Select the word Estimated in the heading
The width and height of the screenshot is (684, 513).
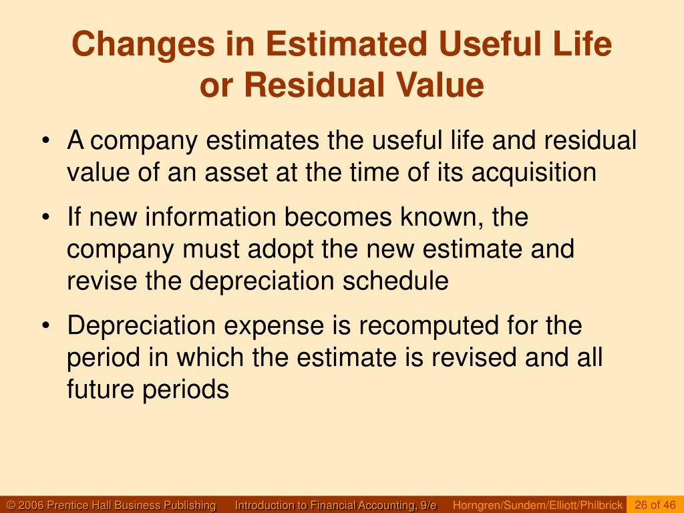click(353, 45)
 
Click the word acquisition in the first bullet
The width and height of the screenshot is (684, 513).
click(534, 173)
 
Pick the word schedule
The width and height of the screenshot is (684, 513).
click(395, 281)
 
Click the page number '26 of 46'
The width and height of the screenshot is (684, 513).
click(655, 504)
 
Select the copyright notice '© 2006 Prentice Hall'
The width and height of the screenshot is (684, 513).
click(111, 505)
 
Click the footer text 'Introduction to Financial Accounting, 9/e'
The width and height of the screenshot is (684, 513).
click(335, 505)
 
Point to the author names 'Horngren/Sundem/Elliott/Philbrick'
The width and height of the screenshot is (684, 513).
click(538, 505)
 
